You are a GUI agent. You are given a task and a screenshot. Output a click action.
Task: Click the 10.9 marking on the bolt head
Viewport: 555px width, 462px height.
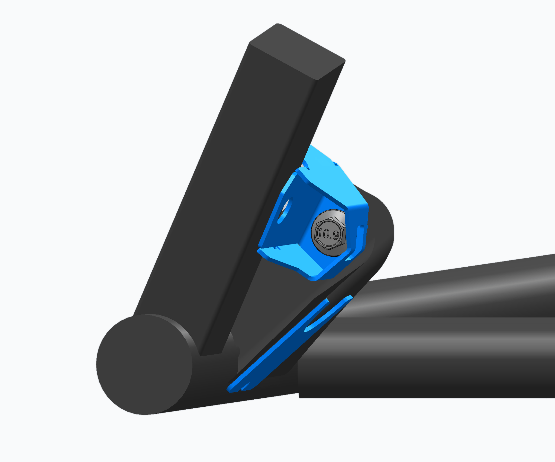(328, 234)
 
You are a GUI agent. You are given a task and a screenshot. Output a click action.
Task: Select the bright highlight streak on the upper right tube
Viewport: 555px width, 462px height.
(447, 293)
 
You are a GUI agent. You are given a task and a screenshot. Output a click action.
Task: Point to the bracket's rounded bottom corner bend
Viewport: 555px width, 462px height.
(314, 277)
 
